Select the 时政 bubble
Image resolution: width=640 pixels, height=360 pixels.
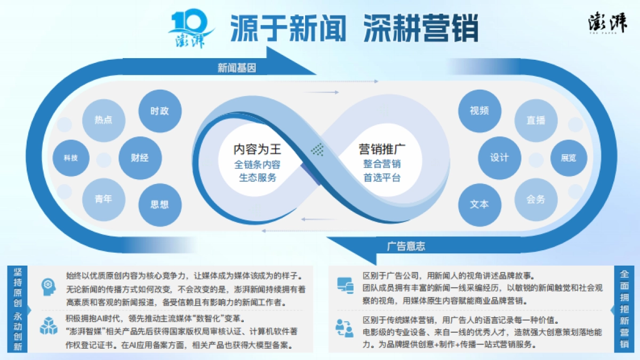pyautogui.click(x=159, y=111)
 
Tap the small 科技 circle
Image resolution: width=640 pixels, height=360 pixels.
pyautogui.click(x=70, y=158)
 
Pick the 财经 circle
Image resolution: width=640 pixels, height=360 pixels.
pyautogui.click(x=140, y=158)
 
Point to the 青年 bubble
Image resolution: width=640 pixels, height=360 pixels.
pyautogui.click(x=103, y=199)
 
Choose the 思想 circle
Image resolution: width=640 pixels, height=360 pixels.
pyautogui.click(x=159, y=204)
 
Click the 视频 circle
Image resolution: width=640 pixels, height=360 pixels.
pyautogui.click(x=479, y=111)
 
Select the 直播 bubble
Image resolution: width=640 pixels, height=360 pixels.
pyautogui.click(x=535, y=121)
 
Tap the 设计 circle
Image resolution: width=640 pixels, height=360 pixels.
pyautogui.click(x=499, y=158)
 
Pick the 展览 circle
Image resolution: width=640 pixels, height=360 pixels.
pyautogui.click(x=569, y=158)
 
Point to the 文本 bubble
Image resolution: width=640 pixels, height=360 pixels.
pyautogui.click(x=479, y=204)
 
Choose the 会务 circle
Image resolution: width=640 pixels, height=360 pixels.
pyautogui.click(x=535, y=199)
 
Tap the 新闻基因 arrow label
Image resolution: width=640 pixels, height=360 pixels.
pyautogui.click(x=237, y=68)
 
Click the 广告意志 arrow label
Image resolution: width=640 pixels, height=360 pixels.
pyautogui.click(x=406, y=246)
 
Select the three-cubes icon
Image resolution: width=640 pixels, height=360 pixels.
pyautogui.click(x=49, y=326)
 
